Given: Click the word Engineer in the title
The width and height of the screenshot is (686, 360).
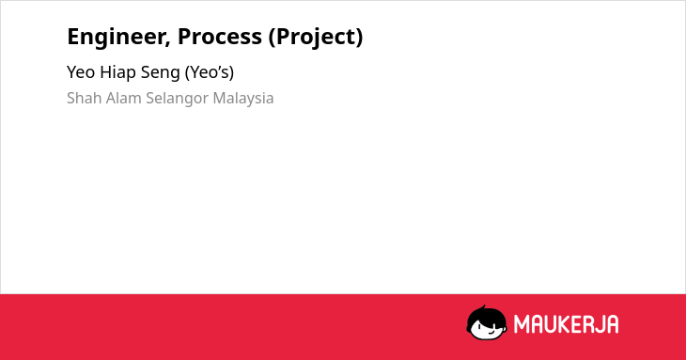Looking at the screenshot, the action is [x=117, y=37].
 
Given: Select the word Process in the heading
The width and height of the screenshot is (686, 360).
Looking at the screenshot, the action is [x=220, y=36].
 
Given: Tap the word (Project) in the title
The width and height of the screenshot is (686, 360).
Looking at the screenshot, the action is [x=316, y=37].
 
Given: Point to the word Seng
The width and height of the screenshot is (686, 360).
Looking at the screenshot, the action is [x=160, y=73].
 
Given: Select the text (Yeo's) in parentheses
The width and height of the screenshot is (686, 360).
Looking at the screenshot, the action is [x=210, y=72].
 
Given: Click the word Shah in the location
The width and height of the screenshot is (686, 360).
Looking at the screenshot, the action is [x=85, y=98].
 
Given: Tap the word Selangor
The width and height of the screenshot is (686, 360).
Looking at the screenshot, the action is [x=178, y=99].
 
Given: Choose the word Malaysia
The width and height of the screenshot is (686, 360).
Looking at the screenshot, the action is [x=243, y=99].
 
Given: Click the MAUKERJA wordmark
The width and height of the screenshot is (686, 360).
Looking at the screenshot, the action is [x=566, y=324].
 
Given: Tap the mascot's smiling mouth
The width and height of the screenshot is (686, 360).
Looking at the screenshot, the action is [x=491, y=331].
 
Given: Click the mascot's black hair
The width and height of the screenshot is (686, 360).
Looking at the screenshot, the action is [x=486, y=316].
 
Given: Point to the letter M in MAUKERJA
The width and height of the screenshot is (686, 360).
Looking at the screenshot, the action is [x=521, y=324].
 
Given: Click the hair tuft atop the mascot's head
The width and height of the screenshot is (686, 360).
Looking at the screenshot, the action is [x=483, y=307].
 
